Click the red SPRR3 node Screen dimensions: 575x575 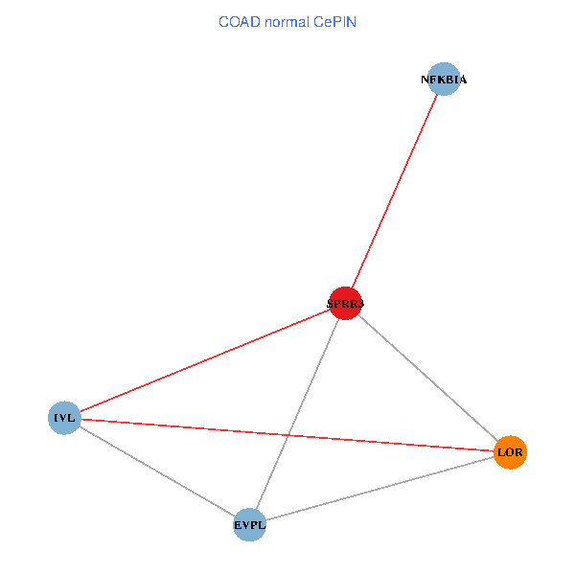[x=345, y=303]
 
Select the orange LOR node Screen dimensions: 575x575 [x=510, y=452]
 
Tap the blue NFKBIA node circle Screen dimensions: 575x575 [x=444, y=79]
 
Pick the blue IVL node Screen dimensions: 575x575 [x=64, y=418]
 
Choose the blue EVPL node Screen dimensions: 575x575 [x=250, y=525]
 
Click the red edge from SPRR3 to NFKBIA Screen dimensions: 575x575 [x=395, y=191]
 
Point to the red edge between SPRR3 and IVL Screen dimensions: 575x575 [x=205, y=360]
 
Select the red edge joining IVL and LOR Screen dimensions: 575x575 [x=287, y=435]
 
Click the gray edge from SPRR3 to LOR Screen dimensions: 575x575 [x=427, y=378]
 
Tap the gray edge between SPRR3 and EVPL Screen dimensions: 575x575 [x=297, y=414]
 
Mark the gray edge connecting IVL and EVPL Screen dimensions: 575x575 [x=157, y=471]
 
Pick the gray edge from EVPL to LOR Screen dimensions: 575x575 [x=379, y=489]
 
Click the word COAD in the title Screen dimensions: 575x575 [x=240, y=22]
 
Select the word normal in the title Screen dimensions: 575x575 [x=287, y=22]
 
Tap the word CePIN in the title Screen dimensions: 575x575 [x=334, y=22]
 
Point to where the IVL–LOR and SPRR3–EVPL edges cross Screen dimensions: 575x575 [x=288, y=435]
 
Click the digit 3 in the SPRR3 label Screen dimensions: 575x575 [x=360, y=304]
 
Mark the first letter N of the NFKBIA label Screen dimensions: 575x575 [x=425, y=80]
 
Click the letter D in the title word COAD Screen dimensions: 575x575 [x=256, y=22]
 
